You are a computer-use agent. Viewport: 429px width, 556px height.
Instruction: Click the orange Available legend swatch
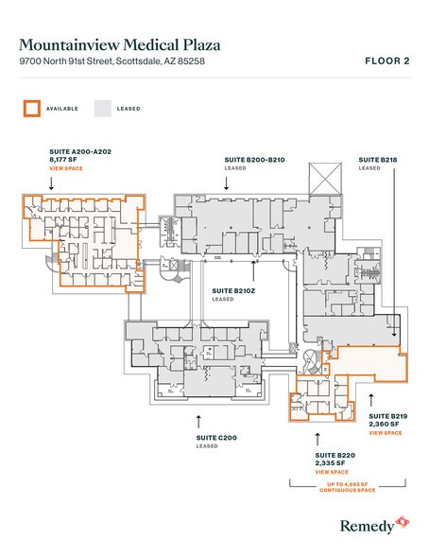pos(31,109)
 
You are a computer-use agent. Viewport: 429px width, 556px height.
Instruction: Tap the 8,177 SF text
pos(63,160)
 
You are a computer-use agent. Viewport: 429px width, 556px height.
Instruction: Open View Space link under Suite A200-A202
pos(66,169)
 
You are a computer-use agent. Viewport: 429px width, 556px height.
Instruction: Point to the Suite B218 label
pos(372,160)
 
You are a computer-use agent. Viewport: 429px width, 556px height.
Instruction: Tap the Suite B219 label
pos(387,415)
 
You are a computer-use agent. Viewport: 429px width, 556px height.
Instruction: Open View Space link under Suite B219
pos(386,433)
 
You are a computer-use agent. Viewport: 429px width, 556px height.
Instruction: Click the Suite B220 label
pos(333,454)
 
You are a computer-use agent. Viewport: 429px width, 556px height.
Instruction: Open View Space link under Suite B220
pos(331,472)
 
